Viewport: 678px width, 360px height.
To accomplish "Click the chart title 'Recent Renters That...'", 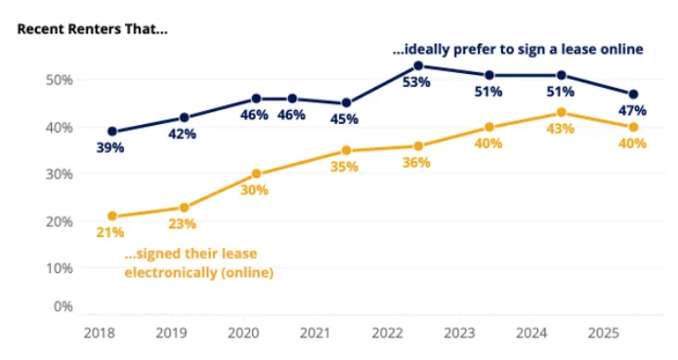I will (x=92, y=27).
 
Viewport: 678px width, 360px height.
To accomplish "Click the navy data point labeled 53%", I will (x=418, y=66).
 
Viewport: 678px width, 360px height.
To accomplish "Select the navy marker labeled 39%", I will (x=112, y=132).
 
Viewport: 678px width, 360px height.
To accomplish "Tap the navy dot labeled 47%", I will (x=633, y=94).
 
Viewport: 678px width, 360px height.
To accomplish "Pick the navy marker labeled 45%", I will (x=347, y=103).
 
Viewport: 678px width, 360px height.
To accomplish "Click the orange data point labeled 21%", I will (x=112, y=216).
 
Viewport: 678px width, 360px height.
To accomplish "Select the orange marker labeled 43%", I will (x=562, y=113).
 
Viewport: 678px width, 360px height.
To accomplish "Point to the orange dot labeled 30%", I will (x=255, y=173).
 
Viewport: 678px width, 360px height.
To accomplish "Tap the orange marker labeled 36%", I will (x=418, y=146).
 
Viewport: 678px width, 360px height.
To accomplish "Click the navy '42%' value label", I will (x=182, y=135).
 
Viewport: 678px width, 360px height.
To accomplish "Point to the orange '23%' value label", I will (x=182, y=225).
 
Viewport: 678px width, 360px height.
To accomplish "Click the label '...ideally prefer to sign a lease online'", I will (x=518, y=48).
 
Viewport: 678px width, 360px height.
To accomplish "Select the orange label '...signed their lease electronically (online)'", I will (x=199, y=263).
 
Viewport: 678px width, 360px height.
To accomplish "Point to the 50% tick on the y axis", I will (x=59, y=80).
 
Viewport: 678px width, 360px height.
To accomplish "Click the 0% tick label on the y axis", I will (x=62, y=306).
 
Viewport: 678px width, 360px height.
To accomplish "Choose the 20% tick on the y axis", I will (x=59, y=221).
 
